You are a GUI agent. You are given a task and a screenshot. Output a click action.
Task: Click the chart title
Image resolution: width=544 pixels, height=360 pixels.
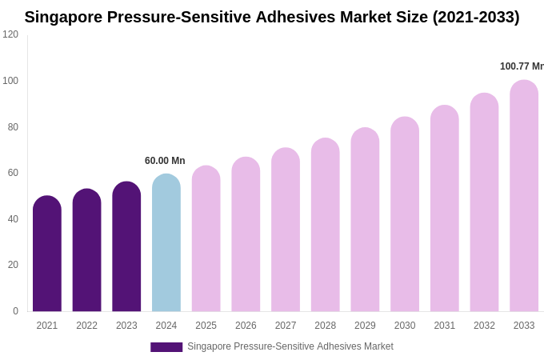coord(272,17)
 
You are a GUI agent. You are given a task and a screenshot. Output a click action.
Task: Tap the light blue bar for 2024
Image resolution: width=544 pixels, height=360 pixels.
coord(166,243)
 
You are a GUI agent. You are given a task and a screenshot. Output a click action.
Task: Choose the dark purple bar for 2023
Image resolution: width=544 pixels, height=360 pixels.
coord(126,247)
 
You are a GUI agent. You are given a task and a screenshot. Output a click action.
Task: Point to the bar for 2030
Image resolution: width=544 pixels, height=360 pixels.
coord(405,215)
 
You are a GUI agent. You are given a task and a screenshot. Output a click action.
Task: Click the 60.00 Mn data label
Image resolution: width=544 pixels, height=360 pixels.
coord(165,161)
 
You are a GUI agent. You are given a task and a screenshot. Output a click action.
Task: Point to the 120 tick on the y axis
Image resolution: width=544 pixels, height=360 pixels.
coord(10,34)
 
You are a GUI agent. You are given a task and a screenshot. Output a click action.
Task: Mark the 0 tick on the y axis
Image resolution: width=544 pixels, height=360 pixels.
coord(15,311)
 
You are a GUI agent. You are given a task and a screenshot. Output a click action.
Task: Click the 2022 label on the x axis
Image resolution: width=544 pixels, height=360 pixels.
coord(86,326)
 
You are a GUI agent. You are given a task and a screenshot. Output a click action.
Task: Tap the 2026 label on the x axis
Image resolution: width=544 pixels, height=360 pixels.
coord(246,326)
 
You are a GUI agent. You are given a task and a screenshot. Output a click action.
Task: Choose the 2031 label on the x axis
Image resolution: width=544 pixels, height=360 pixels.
coord(445,326)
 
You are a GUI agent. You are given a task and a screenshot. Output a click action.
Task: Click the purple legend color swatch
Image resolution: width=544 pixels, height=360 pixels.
coord(166,347)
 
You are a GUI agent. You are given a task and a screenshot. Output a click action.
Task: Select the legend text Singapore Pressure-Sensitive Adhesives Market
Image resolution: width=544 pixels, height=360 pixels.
coord(290,346)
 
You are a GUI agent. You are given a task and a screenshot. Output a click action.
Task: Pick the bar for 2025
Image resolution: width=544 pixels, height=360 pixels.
coord(206,239)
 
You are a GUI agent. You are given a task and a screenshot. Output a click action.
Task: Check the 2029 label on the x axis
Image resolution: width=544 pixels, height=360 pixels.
coord(365,326)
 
